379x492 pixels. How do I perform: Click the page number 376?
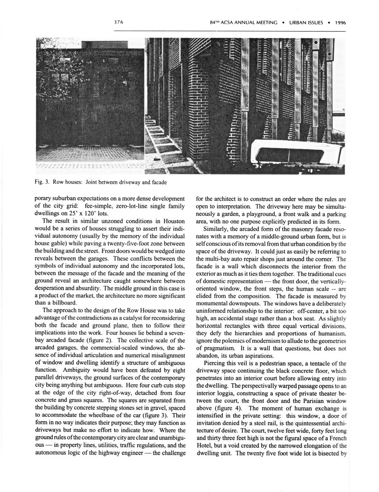tap(119, 22)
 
